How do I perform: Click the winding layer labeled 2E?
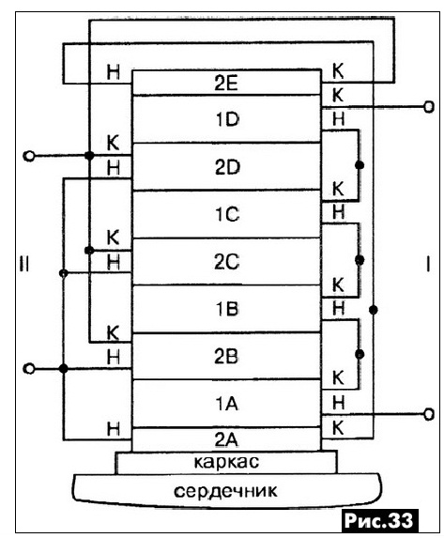pyautogui.click(x=226, y=83)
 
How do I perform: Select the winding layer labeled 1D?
pyautogui.click(x=226, y=119)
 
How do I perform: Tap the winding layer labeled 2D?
pyautogui.click(x=226, y=166)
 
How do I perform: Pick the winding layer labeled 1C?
pyautogui.click(x=226, y=214)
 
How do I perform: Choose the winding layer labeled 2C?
pyautogui.click(x=226, y=261)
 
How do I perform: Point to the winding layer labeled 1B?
pyautogui.click(x=226, y=309)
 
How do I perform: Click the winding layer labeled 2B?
pyautogui.click(x=226, y=356)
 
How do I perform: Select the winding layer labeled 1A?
pyautogui.click(x=226, y=404)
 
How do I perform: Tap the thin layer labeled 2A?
pyautogui.click(x=226, y=439)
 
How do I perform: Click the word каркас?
pyautogui.click(x=226, y=462)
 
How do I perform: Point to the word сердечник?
pyautogui.click(x=225, y=491)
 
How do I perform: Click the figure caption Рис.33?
pyautogui.click(x=378, y=520)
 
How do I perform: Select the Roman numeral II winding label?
pyautogui.click(x=24, y=265)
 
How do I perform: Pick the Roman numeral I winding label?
pyautogui.click(x=428, y=264)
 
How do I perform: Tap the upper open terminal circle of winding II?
pyautogui.click(x=29, y=157)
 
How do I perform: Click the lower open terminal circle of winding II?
pyautogui.click(x=29, y=369)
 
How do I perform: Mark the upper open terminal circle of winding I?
pyautogui.click(x=429, y=107)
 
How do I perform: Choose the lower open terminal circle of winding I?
pyautogui.click(x=429, y=414)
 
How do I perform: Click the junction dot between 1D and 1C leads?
pyautogui.click(x=360, y=165)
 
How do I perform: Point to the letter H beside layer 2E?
pyautogui.click(x=114, y=72)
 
